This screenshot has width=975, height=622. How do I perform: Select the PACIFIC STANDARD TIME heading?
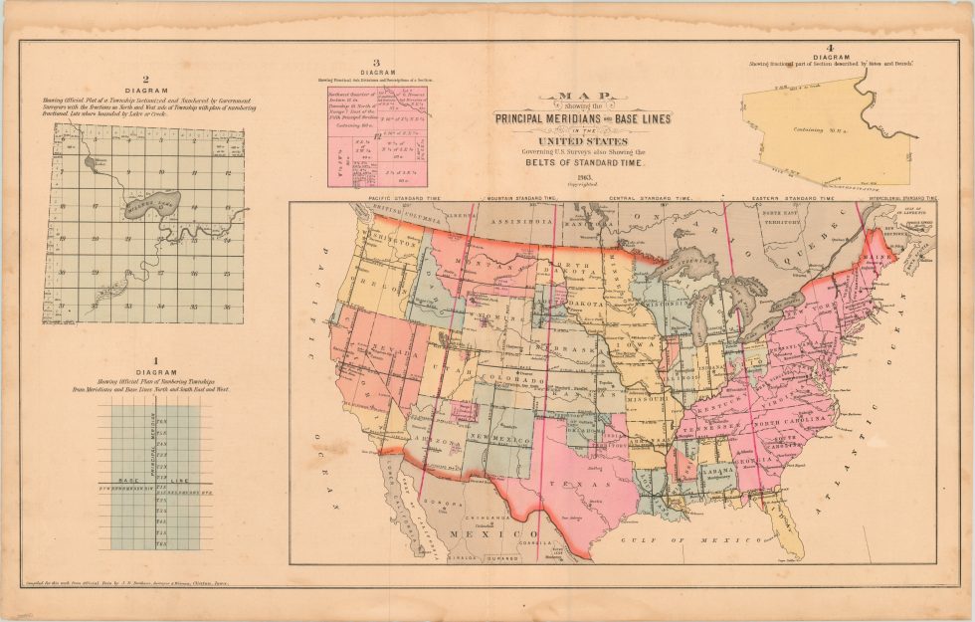392,199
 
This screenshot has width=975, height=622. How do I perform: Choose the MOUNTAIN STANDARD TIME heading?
517,199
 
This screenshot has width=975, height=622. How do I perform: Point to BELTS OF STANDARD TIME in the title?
586,162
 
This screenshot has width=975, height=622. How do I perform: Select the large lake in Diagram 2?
149,205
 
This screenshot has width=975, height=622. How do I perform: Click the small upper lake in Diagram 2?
92,160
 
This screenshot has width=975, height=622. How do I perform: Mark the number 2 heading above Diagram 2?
145,80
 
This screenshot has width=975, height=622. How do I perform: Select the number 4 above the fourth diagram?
829,48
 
